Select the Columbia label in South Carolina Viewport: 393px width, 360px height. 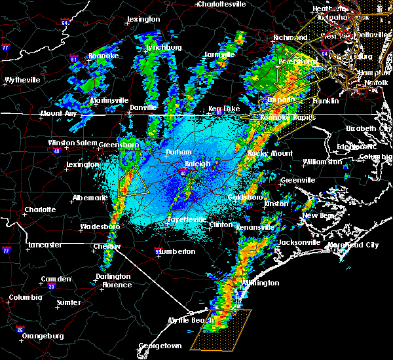(25, 298)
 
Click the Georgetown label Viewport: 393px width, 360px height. (159, 346)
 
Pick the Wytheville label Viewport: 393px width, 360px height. (24, 80)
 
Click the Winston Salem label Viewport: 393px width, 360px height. (71, 143)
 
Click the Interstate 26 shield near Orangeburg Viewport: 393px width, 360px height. (19, 330)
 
